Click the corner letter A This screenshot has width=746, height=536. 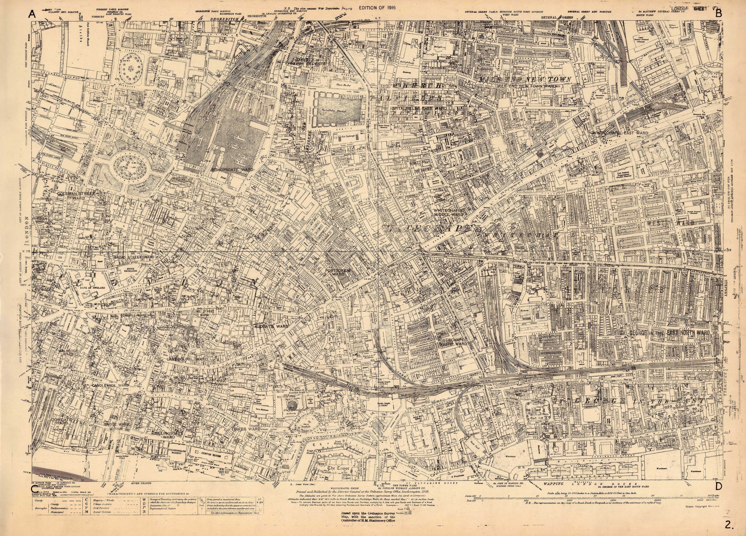[32, 14]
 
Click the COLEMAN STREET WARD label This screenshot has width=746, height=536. [75, 196]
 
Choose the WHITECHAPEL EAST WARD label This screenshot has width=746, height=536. [620, 133]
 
